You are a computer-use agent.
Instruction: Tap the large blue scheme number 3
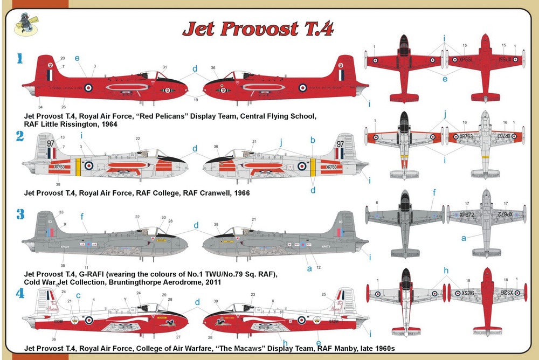coord(20,214)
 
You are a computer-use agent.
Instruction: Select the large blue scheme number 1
coord(19,58)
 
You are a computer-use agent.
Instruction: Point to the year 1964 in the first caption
coord(107,124)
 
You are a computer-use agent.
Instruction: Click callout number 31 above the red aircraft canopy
coord(164,67)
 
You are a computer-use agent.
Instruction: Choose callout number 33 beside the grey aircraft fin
coord(61,212)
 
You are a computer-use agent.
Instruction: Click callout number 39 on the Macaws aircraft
coord(216,301)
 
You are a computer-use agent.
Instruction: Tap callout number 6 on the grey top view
coord(376,202)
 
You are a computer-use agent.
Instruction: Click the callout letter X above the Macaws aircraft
coord(273,301)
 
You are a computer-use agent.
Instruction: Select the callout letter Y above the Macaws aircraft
coord(126,300)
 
